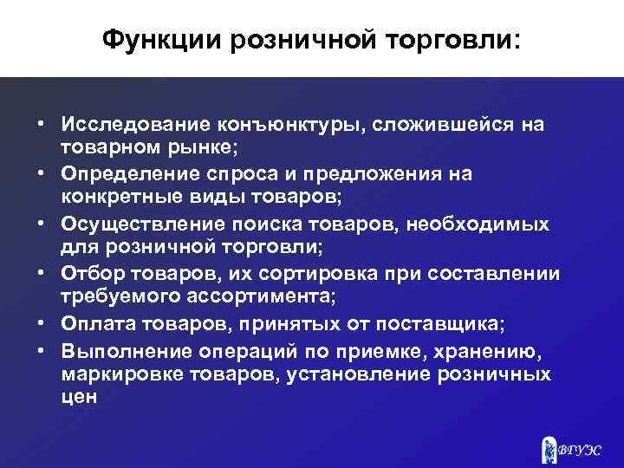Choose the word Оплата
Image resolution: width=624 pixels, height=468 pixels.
click(x=93, y=324)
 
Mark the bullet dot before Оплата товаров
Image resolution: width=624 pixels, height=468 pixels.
click(x=41, y=324)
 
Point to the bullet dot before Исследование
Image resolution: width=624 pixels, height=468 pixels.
click(x=41, y=125)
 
